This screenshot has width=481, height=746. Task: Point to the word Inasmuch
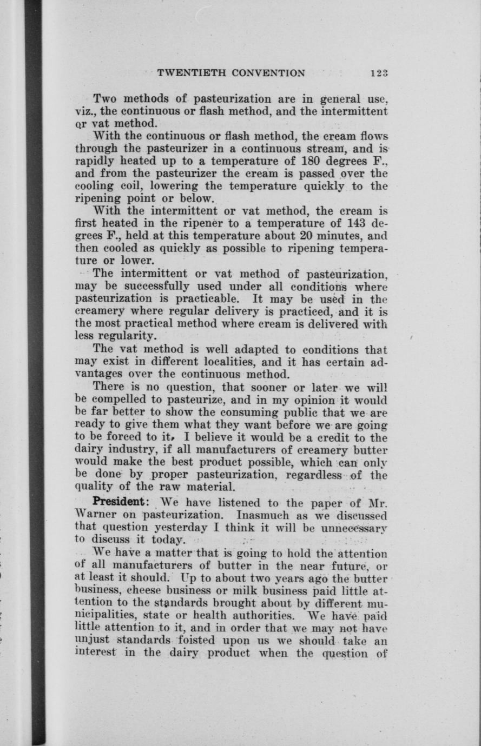click(265, 514)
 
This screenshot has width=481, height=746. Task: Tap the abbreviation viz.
click(83, 112)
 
